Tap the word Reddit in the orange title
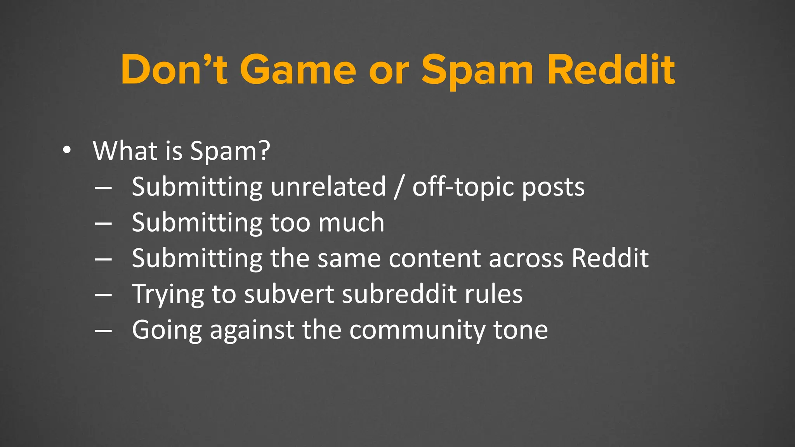coord(611,70)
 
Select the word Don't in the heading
coord(174,70)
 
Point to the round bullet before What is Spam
coord(67,151)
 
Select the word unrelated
coord(328,187)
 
